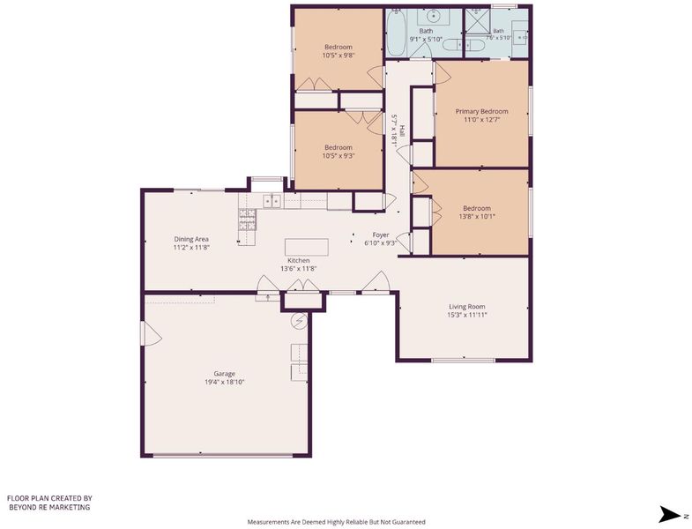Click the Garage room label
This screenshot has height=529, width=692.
point(224,374)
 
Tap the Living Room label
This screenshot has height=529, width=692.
point(467,307)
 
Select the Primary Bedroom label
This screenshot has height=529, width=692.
point(481,111)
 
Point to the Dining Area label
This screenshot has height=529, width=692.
point(191,239)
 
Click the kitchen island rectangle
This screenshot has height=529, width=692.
point(307,247)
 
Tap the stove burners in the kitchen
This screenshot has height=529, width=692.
point(247,220)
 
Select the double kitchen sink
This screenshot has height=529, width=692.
point(272,201)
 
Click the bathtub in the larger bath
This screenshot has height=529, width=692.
point(396,34)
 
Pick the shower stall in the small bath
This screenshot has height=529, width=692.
point(478,21)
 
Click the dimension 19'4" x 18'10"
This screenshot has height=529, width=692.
point(224,382)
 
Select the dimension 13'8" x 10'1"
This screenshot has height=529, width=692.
point(477,216)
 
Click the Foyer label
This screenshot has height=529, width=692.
point(381,235)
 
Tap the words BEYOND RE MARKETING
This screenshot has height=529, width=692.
point(49,507)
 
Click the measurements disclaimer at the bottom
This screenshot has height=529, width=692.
point(336,522)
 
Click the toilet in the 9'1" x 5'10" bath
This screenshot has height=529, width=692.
point(451,45)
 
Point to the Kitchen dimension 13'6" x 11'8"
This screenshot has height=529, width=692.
point(299,269)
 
